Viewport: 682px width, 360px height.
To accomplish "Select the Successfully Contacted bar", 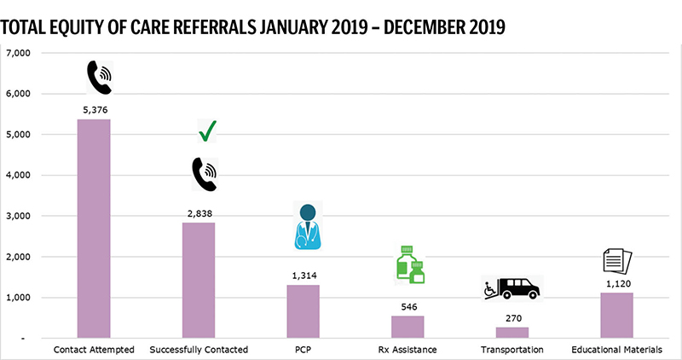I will coord(198,281).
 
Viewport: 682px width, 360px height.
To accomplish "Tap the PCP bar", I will coord(303,311).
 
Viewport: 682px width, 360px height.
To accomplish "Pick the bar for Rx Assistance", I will coord(407,328).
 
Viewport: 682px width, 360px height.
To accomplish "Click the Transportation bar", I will coord(512,333).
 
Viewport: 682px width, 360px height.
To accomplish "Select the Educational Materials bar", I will coord(616,316).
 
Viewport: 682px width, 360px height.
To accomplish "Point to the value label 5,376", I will coord(94,109).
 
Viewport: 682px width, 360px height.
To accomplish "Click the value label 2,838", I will coord(198,213).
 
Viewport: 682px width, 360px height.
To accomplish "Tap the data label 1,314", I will coord(303,276).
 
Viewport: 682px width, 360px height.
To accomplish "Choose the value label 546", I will coord(407,307).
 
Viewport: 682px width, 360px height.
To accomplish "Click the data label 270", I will coord(512,318).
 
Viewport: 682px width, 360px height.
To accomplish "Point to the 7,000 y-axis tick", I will coord(19,53).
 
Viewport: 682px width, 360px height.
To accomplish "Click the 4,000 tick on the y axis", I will coord(19,176).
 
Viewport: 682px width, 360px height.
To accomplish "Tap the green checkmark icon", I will coord(207,131).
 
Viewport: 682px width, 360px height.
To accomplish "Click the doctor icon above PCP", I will coord(307,226).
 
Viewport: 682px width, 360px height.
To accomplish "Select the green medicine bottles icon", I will coord(410,264).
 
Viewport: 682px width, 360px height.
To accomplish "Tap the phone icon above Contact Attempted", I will coord(100,78).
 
